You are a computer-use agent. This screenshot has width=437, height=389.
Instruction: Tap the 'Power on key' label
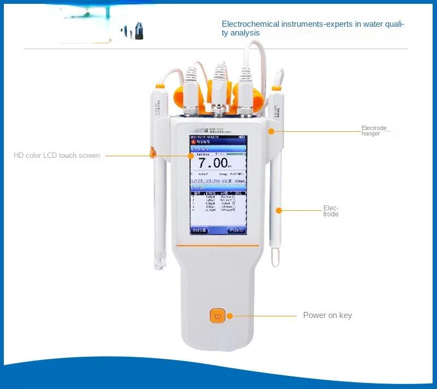(327, 315)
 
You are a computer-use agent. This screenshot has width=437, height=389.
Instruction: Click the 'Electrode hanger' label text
(374, 131)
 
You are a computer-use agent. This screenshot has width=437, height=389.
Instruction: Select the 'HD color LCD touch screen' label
(57, 156)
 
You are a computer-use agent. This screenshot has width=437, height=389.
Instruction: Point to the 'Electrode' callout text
(331, 211)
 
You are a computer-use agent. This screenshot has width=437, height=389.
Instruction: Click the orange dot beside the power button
(230, 316)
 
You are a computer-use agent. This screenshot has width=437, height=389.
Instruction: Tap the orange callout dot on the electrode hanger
(270, 131)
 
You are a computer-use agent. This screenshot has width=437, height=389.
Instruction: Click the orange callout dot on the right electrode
(279, 210)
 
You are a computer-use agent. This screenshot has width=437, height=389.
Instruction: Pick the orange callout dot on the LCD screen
(191, 156)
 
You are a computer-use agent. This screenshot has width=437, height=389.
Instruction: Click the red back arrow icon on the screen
(193, 140)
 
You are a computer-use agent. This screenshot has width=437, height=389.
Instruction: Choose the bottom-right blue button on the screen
(237, 231)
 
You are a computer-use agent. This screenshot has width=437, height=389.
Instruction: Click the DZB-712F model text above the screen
(216, 130)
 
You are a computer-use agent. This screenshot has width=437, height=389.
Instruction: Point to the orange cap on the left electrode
(160, 86)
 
